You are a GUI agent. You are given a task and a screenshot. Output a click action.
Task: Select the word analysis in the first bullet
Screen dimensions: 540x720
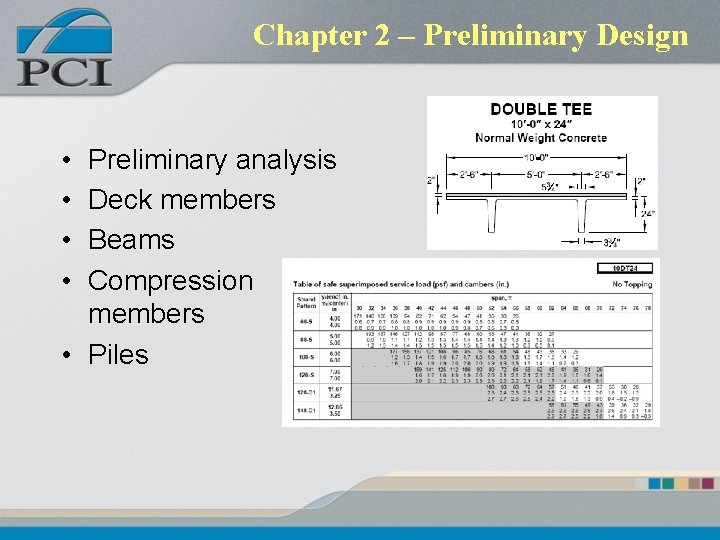pyautogui.click(x=280, y=160)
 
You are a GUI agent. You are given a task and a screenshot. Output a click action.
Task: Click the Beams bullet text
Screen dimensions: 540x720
pyautogui.click(x=131, y=240)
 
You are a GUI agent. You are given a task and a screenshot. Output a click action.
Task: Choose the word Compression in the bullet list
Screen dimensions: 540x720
pyautogui.click(x=171, y=280)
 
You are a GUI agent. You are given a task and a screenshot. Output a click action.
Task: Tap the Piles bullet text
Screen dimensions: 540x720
pyautogui.click(x=118, y=354)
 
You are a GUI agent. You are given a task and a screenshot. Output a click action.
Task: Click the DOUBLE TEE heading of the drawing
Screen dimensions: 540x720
pyautogui.click(x=541, y=110)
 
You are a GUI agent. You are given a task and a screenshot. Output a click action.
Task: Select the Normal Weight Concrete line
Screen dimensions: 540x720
pyautogui.click(x=541, y=137)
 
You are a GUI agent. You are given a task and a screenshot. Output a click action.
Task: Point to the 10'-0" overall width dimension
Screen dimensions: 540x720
pyautogui.click(x=541, y=158)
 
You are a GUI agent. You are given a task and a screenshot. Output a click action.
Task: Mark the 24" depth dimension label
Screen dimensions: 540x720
pyautogui.click(x=648, y=214)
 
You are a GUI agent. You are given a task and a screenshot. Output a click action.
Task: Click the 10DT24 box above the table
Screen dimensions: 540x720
pyautogui.click(x=625, y=268)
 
